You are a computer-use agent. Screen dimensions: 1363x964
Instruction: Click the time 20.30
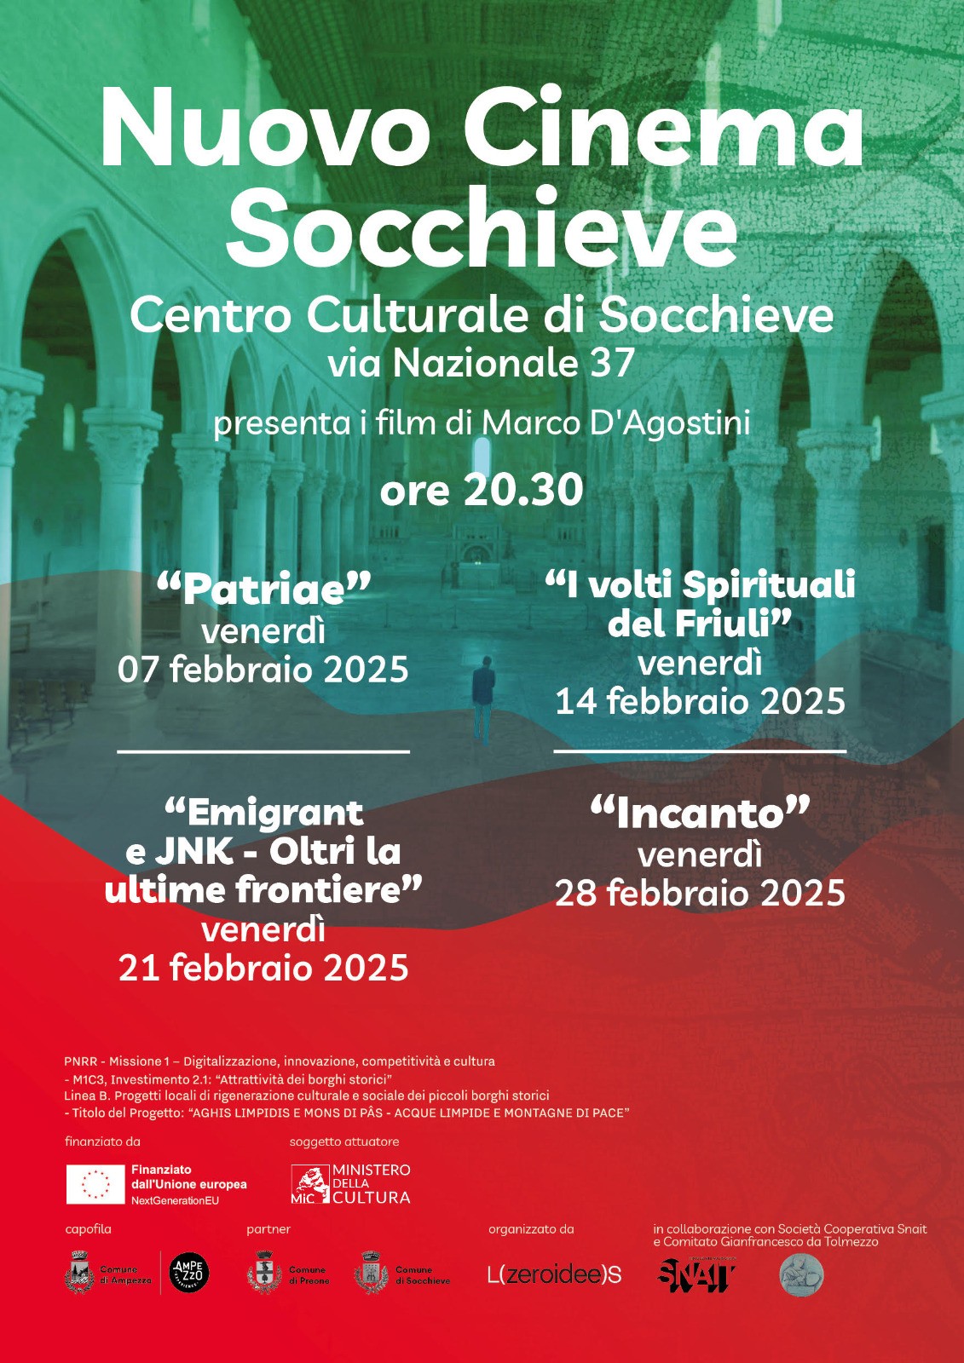coord(522,490)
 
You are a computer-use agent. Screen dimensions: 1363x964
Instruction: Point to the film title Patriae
coord(263,589)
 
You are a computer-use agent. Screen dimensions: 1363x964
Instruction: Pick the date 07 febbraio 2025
coord(263,670)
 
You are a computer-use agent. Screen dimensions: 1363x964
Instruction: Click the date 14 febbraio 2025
coord(700,702)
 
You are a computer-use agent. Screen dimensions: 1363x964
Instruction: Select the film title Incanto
coord(700,814)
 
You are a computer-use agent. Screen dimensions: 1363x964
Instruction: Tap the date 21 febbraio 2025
coord(263,969)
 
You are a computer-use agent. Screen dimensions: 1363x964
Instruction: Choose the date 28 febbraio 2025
coord(700,894)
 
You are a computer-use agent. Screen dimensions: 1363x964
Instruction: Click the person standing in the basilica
coord(483,699)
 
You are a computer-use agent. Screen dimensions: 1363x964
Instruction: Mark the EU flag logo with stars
coord(95,1184)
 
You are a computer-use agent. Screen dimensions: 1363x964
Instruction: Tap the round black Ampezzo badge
coord(188,1274)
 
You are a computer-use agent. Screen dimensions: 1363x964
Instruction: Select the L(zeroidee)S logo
coord(554,1274)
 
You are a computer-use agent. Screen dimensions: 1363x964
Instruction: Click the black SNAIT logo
coord(696,1274)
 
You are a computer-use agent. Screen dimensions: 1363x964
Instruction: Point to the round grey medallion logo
coord(801,1275)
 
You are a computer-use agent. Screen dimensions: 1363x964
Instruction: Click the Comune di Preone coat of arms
coord(264,1274)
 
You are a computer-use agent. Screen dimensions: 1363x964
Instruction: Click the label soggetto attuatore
coord(343,1142)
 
